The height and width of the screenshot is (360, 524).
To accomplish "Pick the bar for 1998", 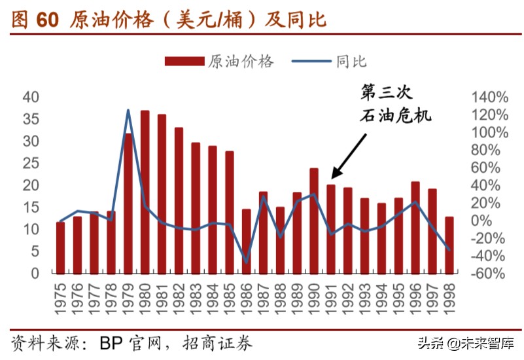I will pos(449,245).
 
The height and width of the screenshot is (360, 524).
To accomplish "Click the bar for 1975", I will pos(60,247).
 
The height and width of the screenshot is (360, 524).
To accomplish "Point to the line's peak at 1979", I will pos(128,110).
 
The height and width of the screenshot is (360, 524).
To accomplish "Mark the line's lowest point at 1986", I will pos(247,262).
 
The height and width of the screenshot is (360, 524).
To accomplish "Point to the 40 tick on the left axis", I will pos(31,98).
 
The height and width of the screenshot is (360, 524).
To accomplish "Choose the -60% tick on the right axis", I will pos(489,274).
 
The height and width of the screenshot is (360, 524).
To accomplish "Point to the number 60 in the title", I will pos(48,20).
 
